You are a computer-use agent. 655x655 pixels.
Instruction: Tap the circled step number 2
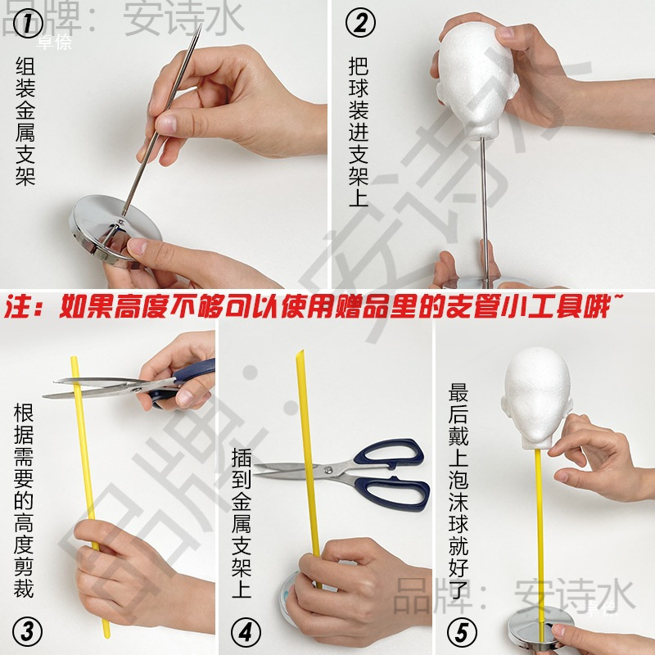pyautogui.click(x=359, y=24)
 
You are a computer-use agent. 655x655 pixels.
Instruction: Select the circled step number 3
pyautogui.click(x=26, y=631)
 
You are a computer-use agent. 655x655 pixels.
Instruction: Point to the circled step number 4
pyautogui.click(x=243, y=631)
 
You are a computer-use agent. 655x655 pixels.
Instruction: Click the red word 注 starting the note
pyautogui.click(x=18, y=308)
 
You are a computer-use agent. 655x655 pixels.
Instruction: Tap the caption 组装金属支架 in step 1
pyautogui.click(x=25, y=122)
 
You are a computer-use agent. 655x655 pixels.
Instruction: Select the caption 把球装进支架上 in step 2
pyautogui.click(x=358, y=131)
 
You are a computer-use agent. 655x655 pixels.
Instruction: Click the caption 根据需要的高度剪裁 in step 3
pyautogui.click(x=24, y=499)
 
